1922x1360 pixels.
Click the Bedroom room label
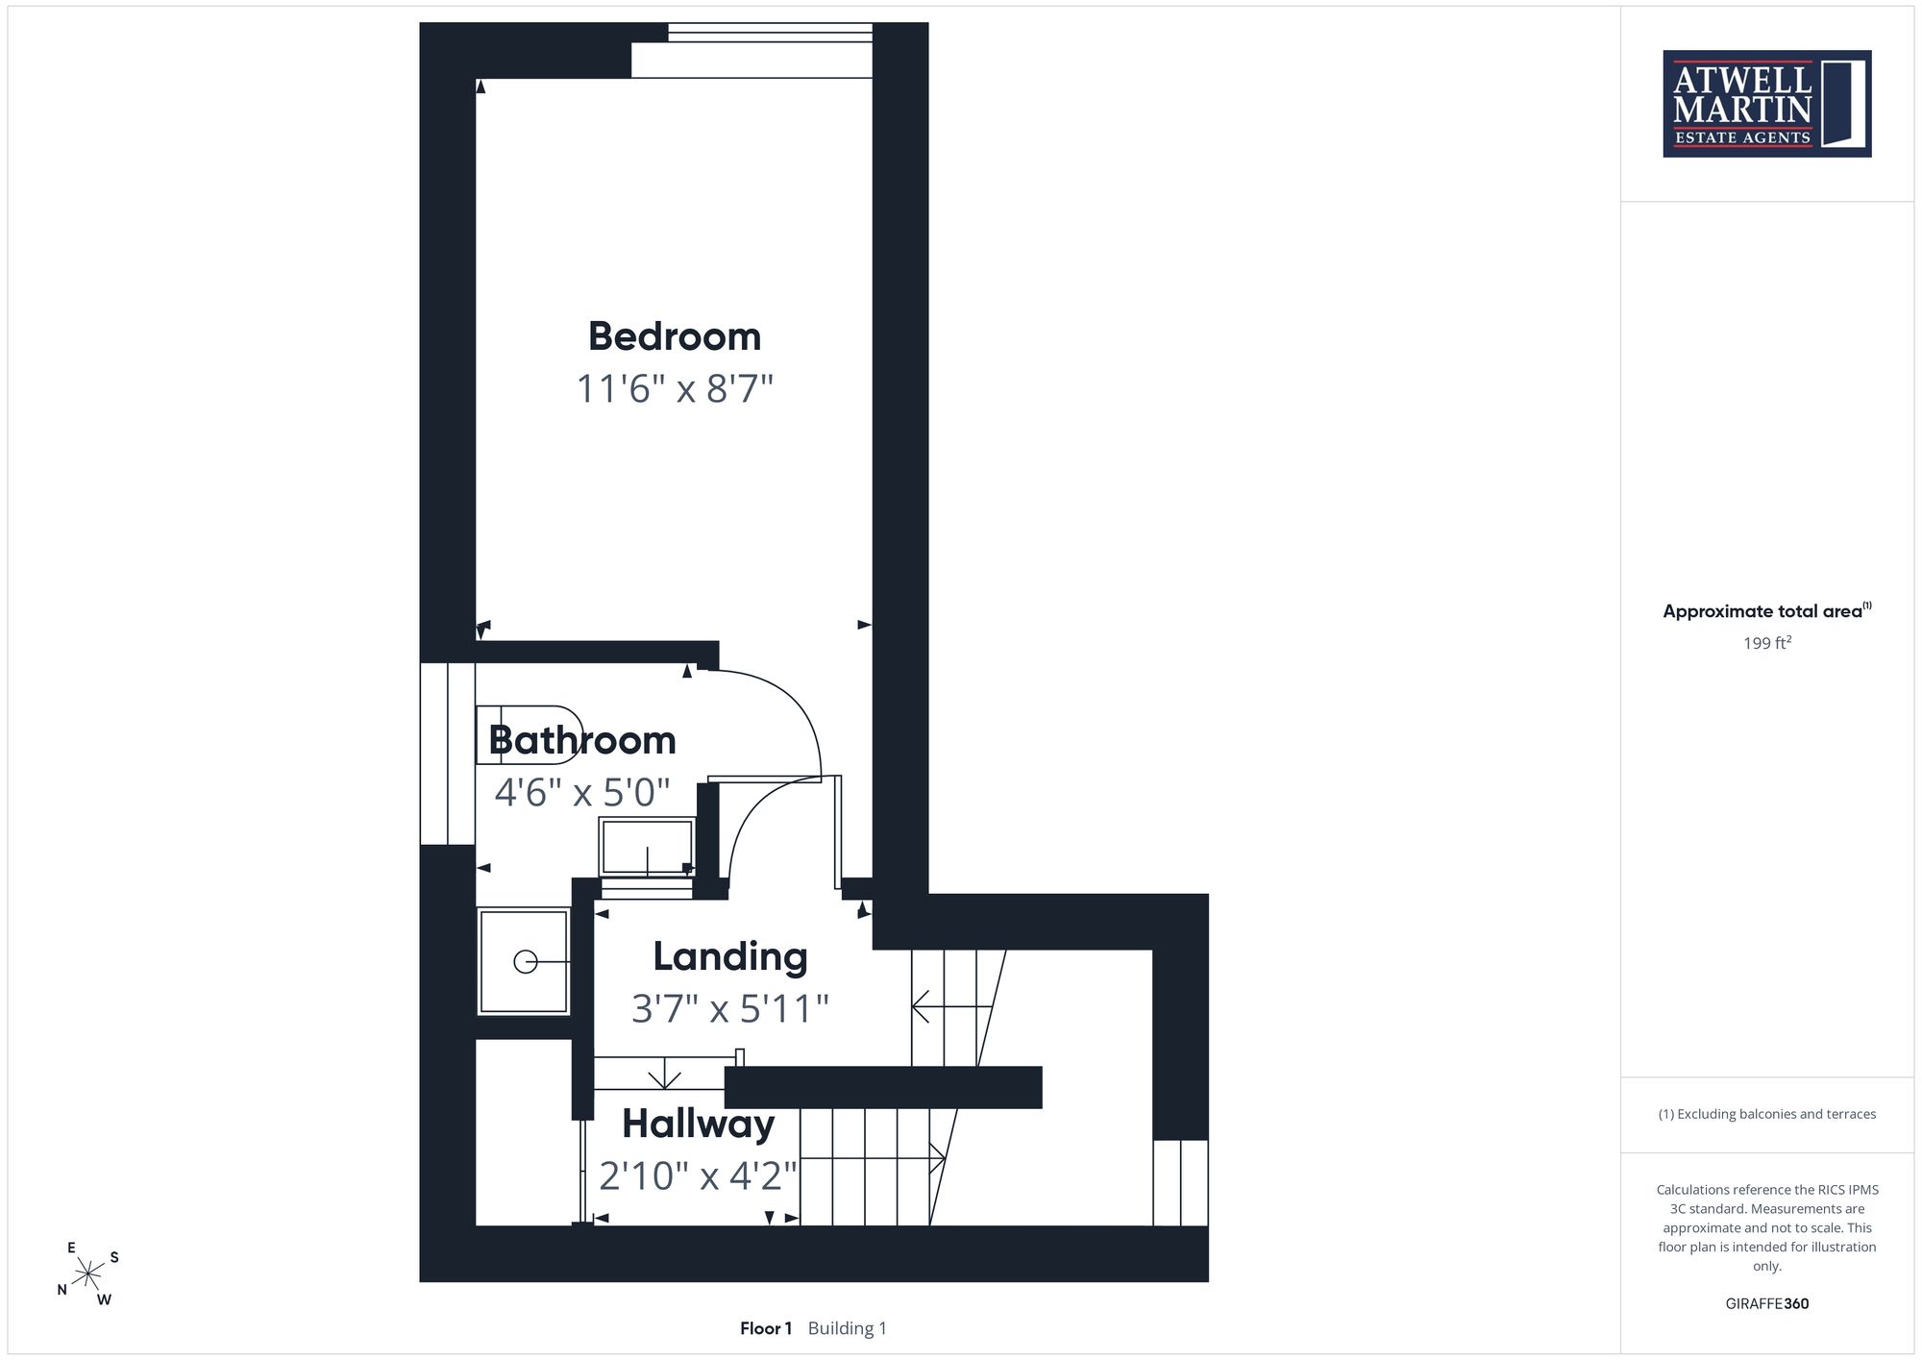(675, 336)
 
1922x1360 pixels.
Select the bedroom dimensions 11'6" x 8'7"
(675, 389)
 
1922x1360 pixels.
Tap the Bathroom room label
(582, 740)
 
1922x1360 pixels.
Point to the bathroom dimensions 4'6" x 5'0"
(582, 792)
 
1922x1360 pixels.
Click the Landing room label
(730, 957)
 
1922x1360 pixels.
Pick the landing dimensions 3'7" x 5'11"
(730, 1009)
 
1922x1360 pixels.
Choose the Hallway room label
(699, 1125)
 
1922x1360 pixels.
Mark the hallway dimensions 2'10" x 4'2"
(699, 1175)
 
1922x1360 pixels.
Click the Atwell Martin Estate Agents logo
(1767, 104)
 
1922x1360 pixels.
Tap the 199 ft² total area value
(1767, 643)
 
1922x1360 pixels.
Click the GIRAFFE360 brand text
(1767, 1303)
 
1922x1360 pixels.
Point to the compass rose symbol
(88, 1274)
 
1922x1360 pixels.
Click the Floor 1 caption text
(766, 1328)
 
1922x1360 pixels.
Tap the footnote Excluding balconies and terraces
(1767, 1114)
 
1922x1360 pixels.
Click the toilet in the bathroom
(530, 735)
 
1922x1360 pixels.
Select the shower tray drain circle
(526, 961)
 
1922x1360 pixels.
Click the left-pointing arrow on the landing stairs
(951, 1007)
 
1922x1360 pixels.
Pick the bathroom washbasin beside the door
(647, 847)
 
